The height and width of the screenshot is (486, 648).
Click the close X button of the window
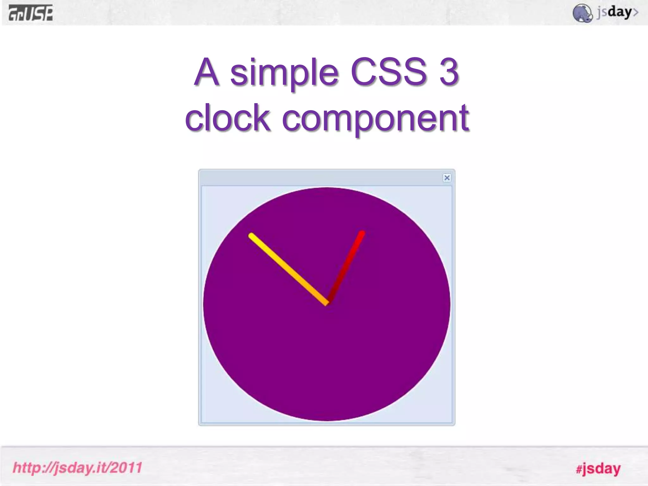pos(447,178)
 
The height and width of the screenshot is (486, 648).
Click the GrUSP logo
pos(31,13)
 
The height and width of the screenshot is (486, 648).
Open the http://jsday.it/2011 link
pos(78,468)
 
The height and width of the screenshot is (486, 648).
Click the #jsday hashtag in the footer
pos(598,469)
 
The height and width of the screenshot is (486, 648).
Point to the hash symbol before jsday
pos(579,469)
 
